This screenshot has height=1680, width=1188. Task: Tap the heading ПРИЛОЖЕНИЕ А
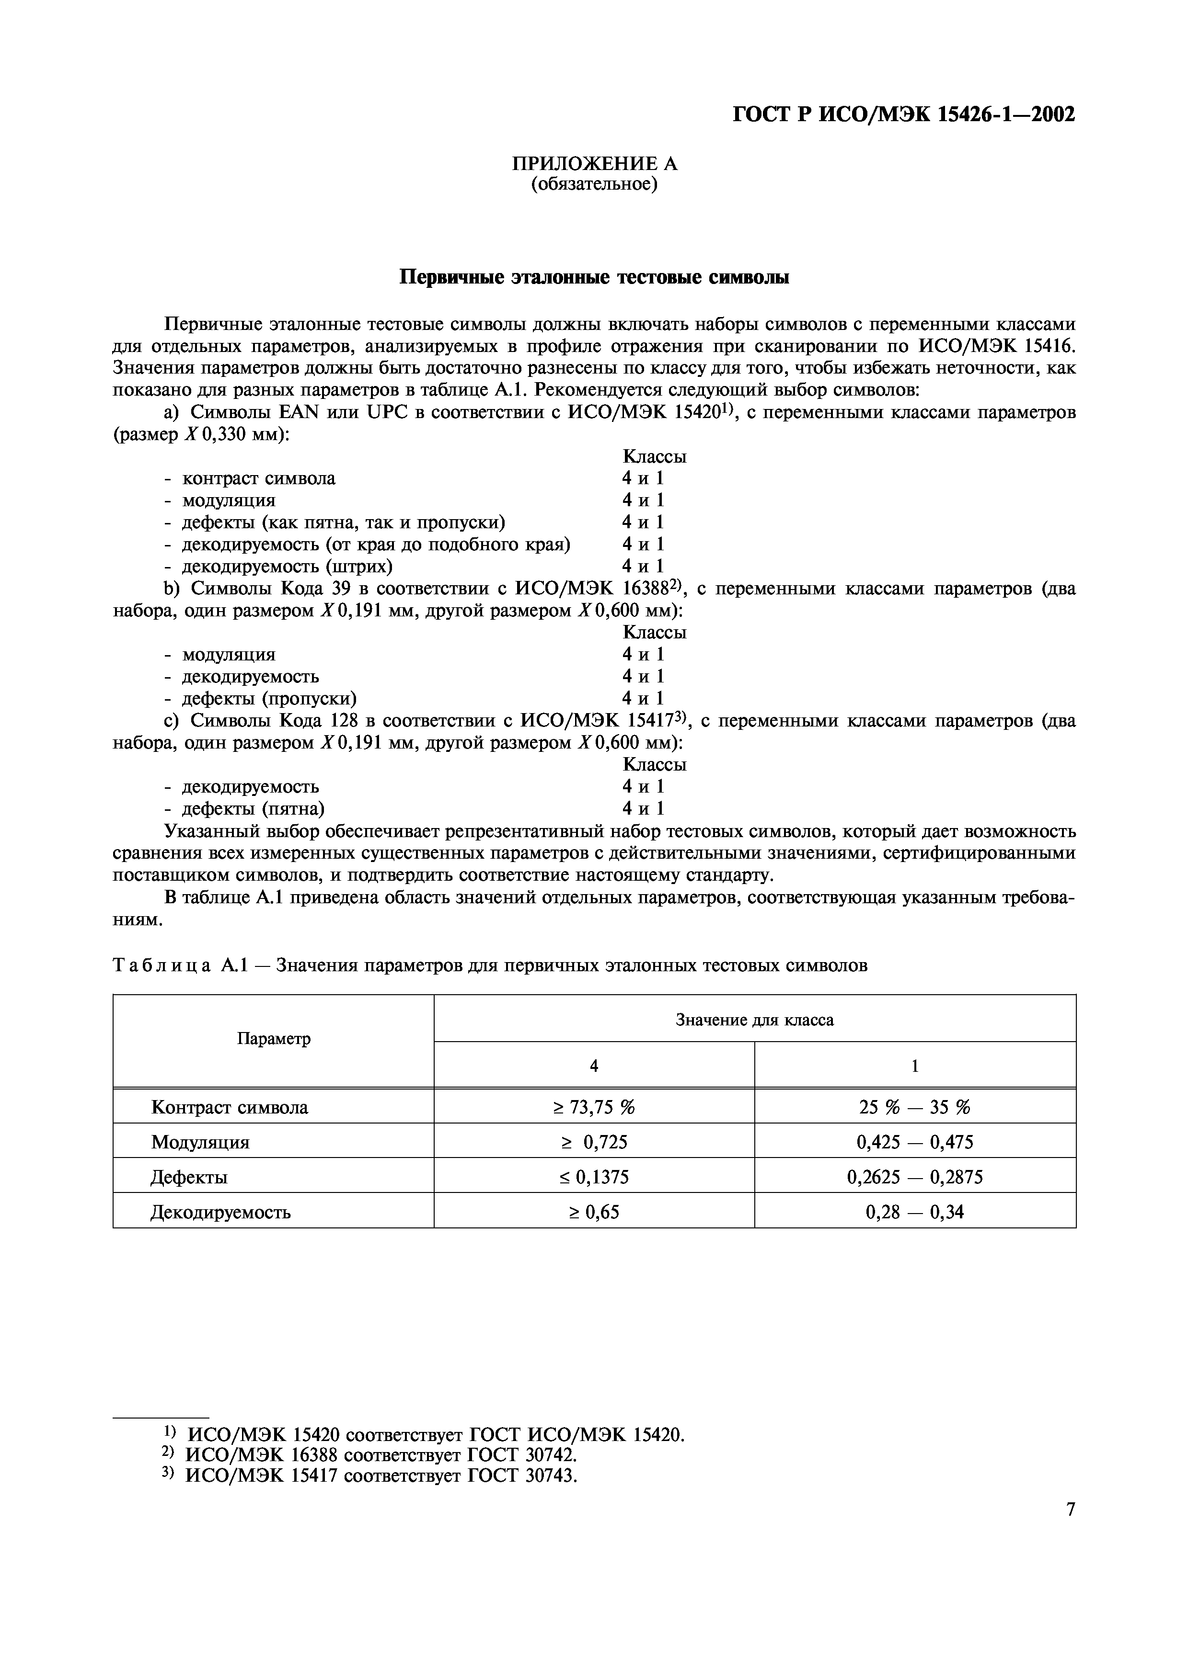(x=594, y=164)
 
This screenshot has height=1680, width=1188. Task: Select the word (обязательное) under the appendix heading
(x=594, y=184)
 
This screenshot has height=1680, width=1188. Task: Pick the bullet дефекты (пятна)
(x=253, y=808)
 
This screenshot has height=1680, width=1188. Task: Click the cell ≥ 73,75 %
(x=594, y=1108)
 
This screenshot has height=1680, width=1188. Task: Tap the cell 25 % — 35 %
(x=914, y=1108)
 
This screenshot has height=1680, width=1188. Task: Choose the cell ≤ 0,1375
(x=594, y=1177)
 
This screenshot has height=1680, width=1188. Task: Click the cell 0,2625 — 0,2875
(x=914, y=1177)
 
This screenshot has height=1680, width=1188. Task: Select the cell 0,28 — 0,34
(x=914, y=1213)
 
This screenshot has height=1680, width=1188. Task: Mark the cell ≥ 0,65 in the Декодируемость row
(x=594, y=1213)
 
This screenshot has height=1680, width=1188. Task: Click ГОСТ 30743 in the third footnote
(x=522, y=1476)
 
